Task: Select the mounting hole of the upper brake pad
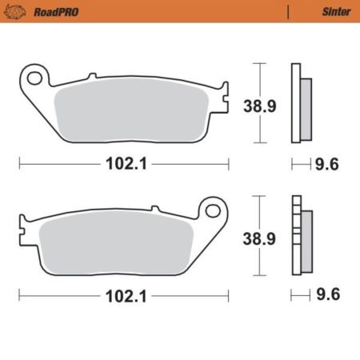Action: coord(34,78)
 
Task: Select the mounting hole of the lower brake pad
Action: coord(214,210)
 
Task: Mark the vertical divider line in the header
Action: coord(286,12)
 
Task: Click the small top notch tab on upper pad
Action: coord(92,76)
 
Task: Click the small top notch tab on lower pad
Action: coord(154,208)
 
